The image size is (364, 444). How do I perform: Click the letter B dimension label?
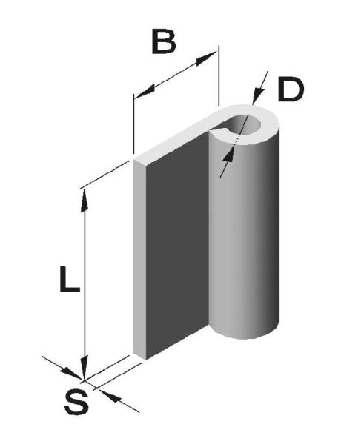(x=164, y=41)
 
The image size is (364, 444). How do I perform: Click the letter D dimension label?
(x=291, y=90)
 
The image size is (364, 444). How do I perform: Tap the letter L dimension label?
(x=70, y=279)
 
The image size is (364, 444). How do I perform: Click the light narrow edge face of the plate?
(x=139, y=258)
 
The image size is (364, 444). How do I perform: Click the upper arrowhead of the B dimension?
(x=205, y=58)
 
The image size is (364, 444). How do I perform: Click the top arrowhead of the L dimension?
(x=84, y=201)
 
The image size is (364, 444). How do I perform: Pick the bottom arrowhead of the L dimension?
(x=84, y=368)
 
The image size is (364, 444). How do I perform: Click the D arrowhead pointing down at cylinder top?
(x=257, y=95)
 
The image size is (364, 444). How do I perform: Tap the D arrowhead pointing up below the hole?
(x=228, y=155)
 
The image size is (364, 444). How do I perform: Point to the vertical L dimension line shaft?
(x=84, y=284)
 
